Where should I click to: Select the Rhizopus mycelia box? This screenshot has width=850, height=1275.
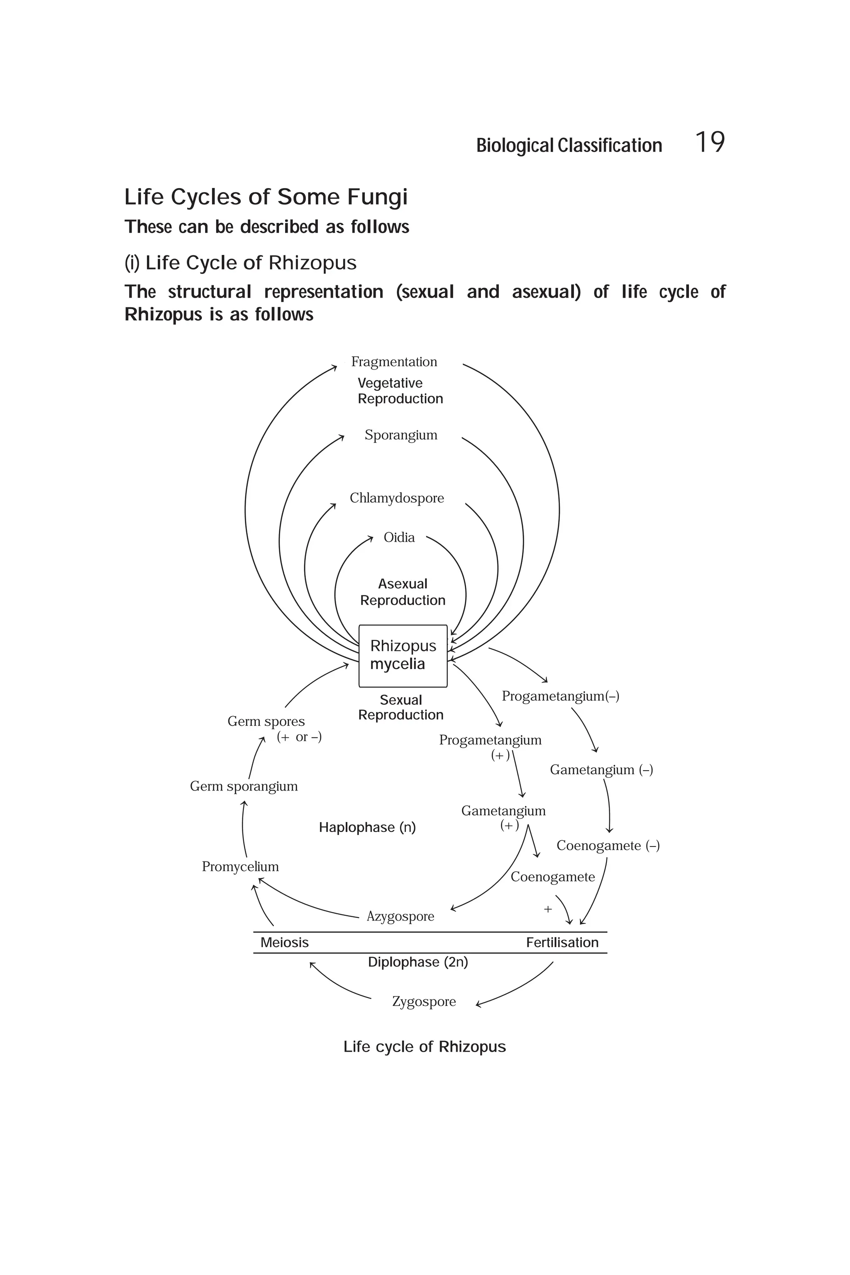tap(403, 655)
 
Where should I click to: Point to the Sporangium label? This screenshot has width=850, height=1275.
tap(401, 435)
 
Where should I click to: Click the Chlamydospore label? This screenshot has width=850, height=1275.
tap(396, 498)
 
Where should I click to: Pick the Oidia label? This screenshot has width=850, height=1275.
tap(399, 537)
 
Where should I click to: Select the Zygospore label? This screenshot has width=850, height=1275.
tap(424, 1002)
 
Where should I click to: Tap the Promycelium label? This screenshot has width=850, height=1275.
tap(240, 866)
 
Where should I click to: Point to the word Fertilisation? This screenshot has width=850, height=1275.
tap(562, 942)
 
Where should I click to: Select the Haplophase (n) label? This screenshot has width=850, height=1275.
tap(367, 827)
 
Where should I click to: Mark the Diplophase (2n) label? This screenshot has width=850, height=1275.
tap(418, 962)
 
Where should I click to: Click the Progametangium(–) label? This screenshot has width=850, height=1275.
tap(560, 696)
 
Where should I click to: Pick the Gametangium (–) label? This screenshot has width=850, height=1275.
tap(601, 770)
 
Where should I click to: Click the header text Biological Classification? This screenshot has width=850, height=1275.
tap(569, 145)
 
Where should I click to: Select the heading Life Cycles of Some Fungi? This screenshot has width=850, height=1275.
tap(266, 197)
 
